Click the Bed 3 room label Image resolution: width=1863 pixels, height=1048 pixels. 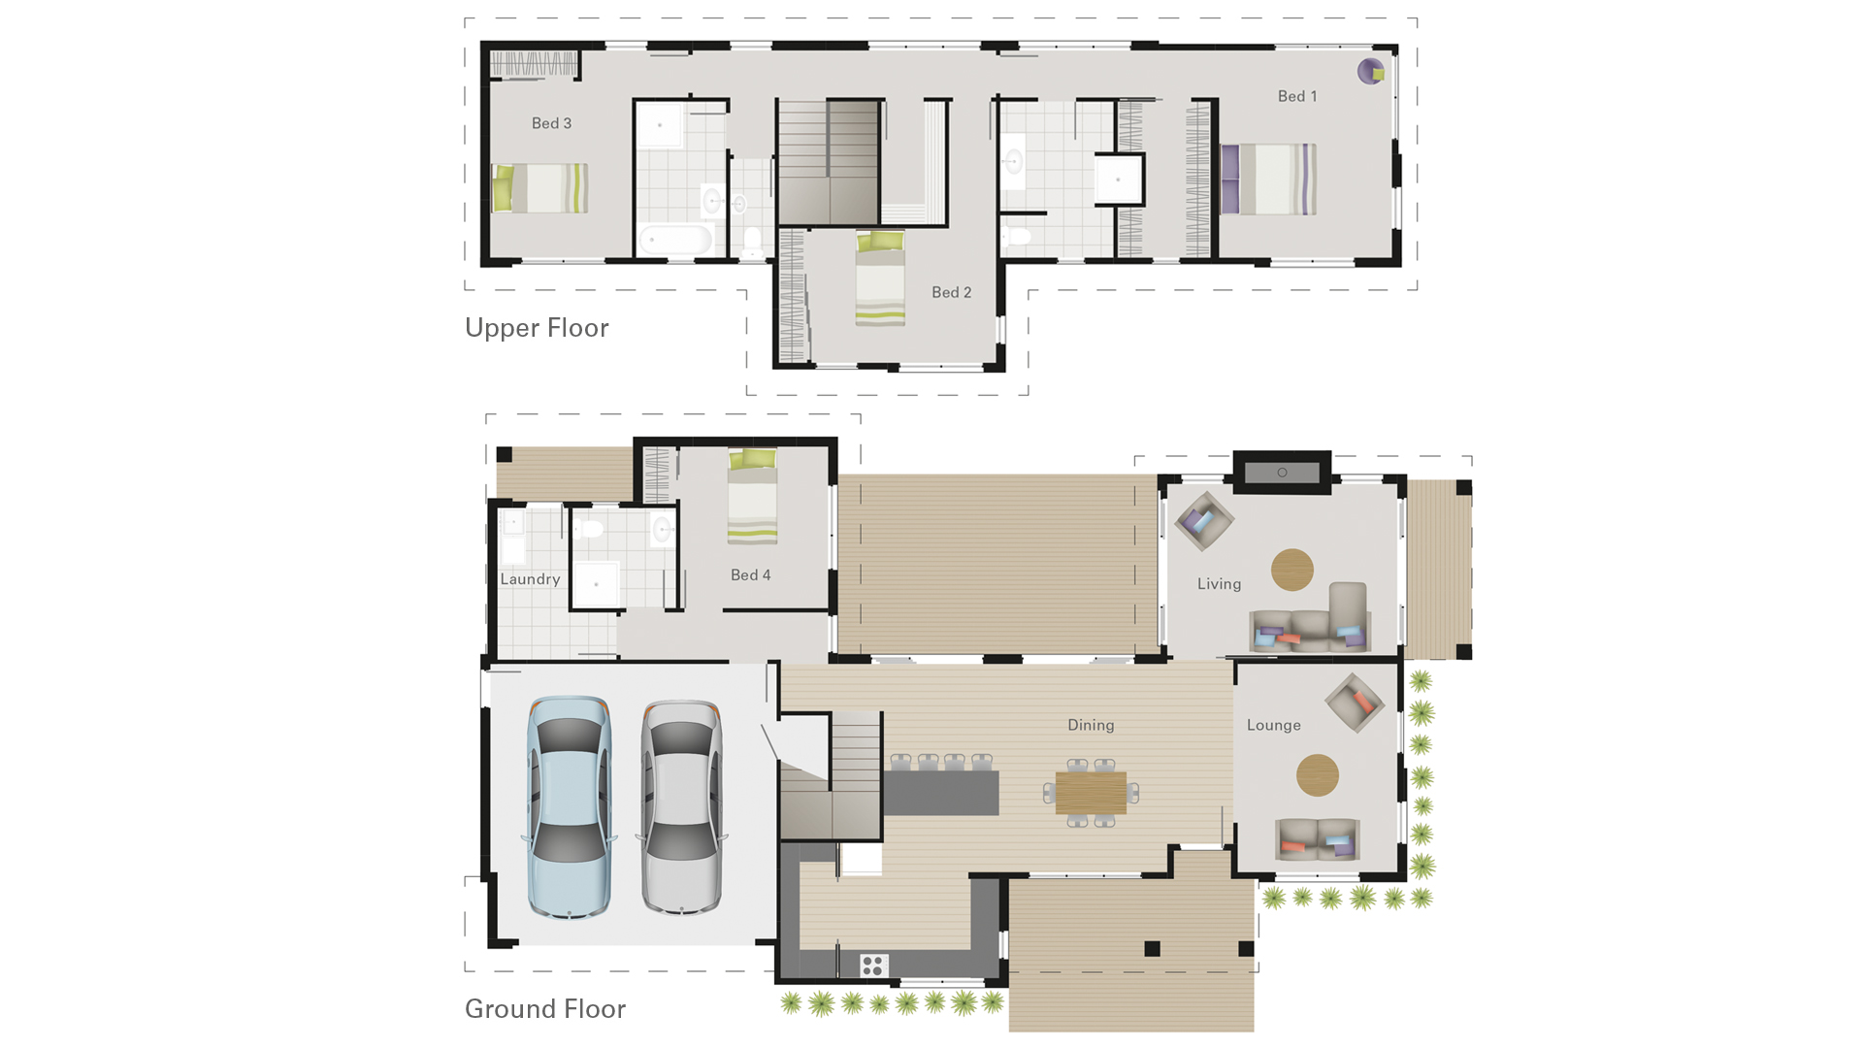pos(551,123)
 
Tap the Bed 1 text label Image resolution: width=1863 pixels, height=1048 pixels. pos(1297,96)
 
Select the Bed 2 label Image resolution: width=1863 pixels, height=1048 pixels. pos(951,292)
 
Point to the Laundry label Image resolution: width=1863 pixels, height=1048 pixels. pos(530,579)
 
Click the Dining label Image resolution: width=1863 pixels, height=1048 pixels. pos(1091,725)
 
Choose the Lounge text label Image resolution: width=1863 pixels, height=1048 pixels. pos(1273,725)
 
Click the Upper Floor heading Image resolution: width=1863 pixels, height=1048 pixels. pos(537,328)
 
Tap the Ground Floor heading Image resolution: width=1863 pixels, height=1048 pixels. pos(544,1009)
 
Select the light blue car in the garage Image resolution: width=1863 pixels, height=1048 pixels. pos(569,807)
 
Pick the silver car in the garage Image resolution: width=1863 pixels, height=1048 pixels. pos(680,807)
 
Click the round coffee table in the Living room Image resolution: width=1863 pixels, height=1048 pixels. pos(1291,570)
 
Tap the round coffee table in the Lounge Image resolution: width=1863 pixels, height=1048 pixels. pos(1317,775)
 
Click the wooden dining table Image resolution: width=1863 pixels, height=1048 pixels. pos(1091,793)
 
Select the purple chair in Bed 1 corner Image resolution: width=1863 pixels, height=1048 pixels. pos(1370,71)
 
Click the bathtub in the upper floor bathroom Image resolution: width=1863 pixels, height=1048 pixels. pos(675,239)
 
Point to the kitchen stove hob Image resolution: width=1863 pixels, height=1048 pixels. pos(872,965)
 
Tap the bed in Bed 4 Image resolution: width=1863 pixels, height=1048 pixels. pos(752,497)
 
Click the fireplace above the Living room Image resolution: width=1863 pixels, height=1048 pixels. pos(1282,473)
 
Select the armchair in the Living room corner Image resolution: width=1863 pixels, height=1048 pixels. pos(1203,521)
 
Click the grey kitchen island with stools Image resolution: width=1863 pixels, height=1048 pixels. pos(940,793)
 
